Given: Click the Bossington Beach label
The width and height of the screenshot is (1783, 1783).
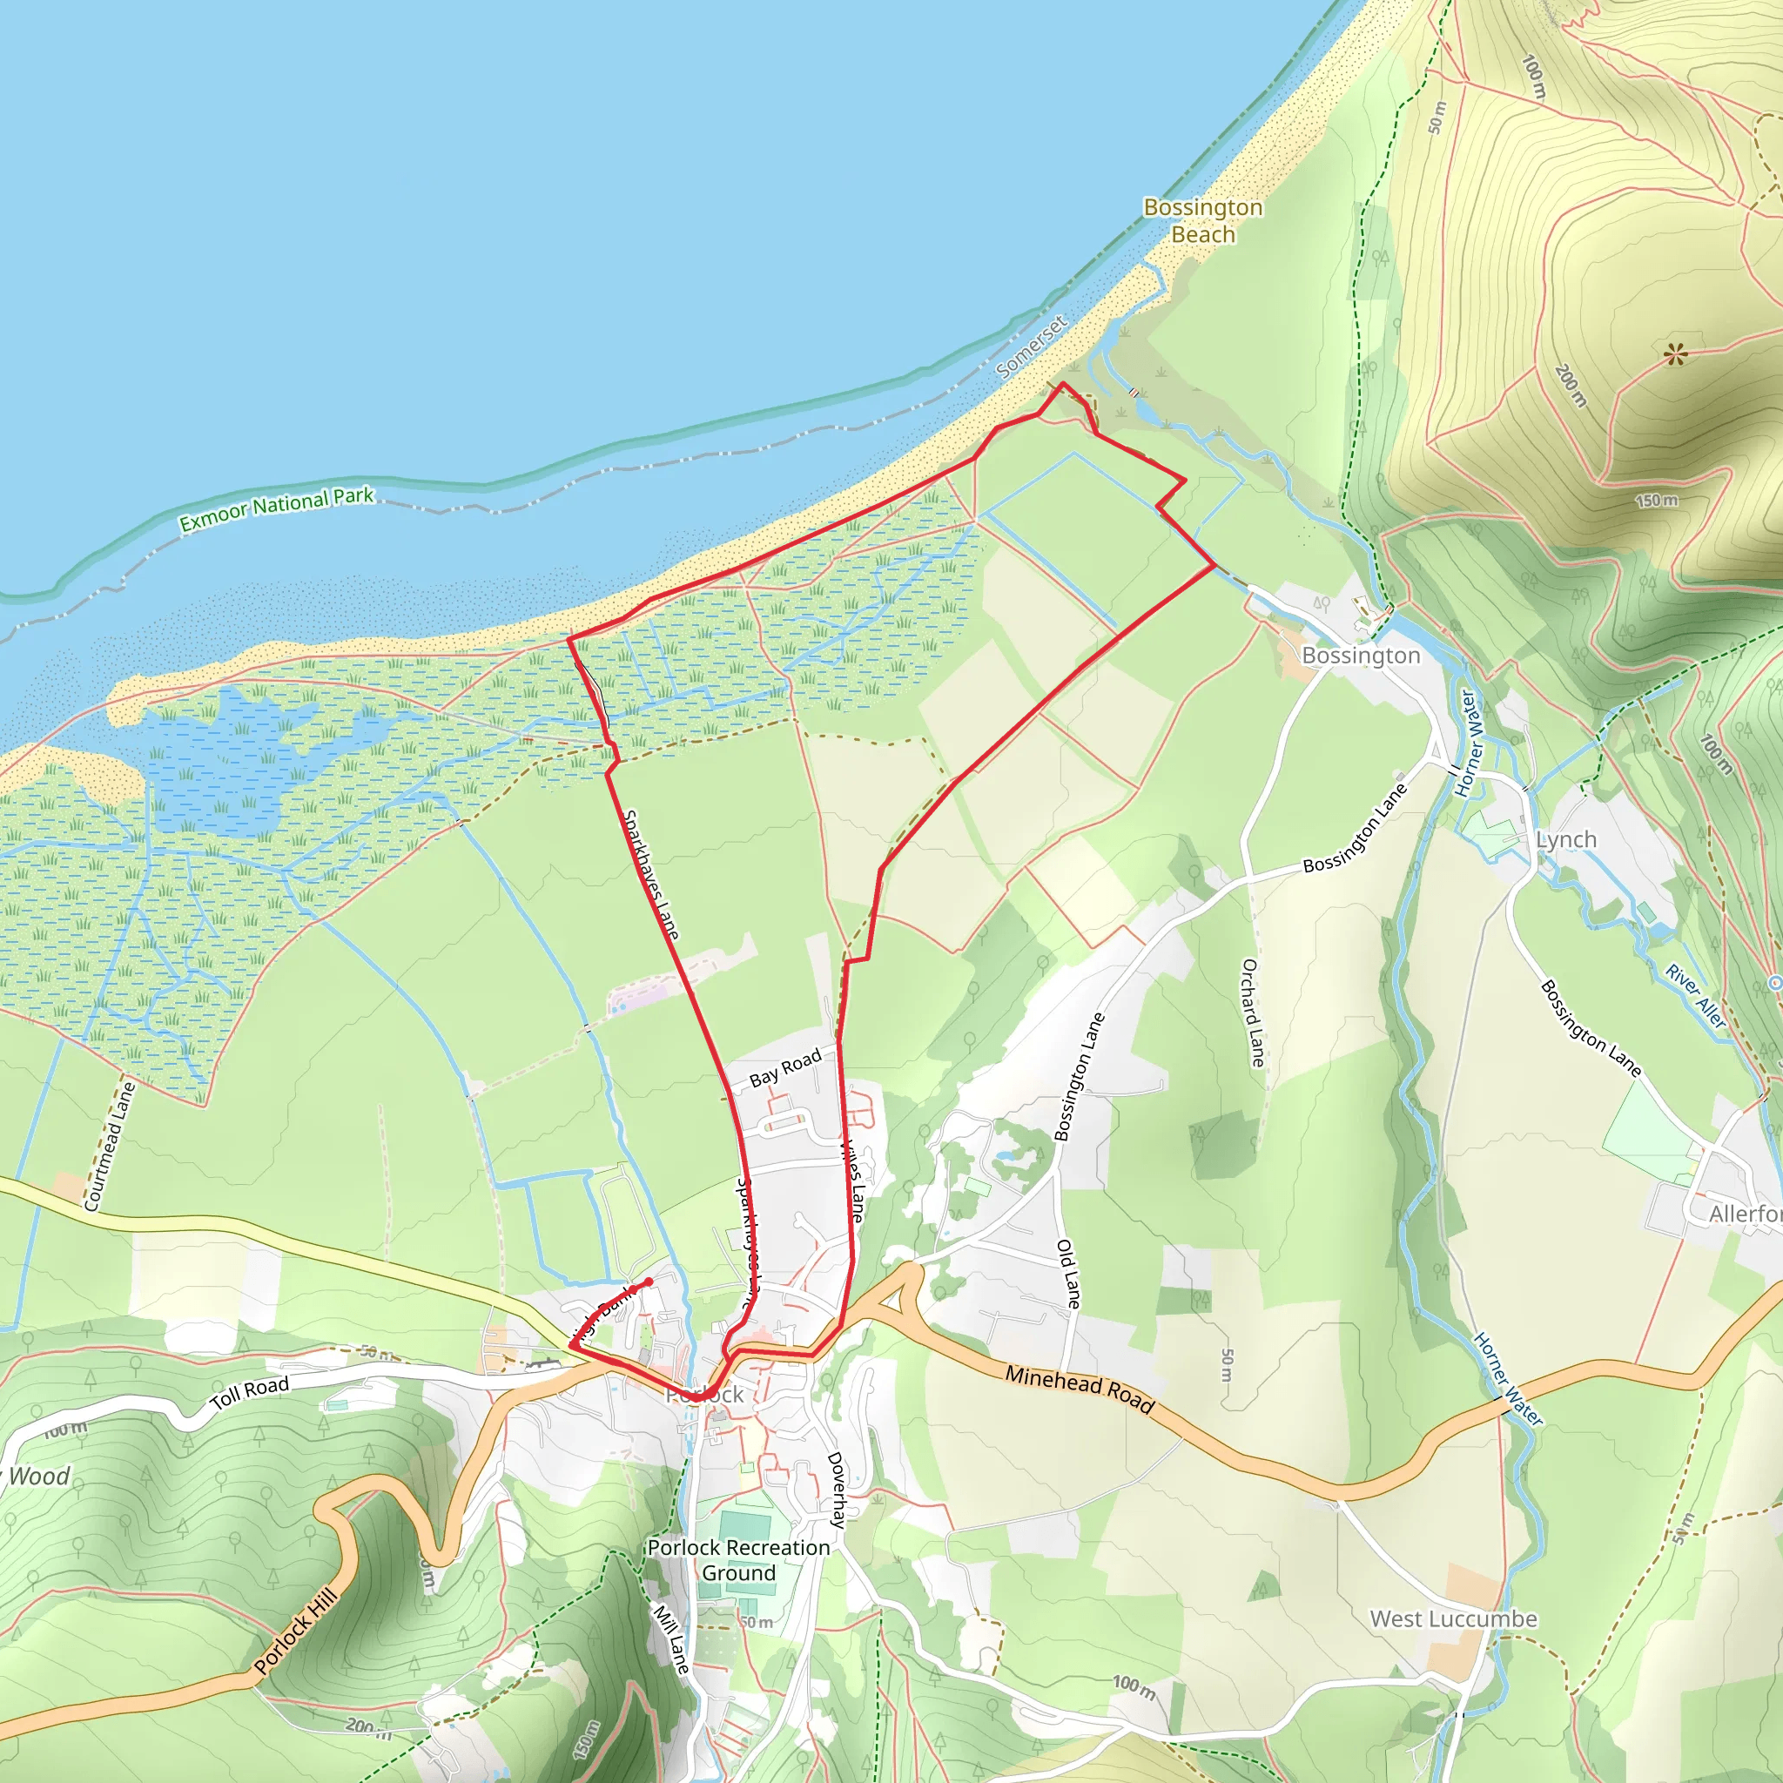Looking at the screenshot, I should (x=1202, y=220).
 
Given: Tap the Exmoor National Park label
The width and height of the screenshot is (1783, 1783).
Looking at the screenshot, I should (x=277, y=508).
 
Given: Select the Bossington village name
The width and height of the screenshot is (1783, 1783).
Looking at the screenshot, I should (x=1361, y=656).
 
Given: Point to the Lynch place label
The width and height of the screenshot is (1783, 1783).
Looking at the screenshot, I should (x=1566, y=840).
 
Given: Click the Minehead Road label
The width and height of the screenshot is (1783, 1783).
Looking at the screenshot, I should (x=1079, y=1389).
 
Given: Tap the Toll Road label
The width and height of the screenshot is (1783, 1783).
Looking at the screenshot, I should (x=249, y=1394).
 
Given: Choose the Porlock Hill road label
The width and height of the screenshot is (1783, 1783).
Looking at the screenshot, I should (x=296, y=1632).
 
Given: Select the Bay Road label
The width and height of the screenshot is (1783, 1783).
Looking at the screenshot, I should (x=784, y=1067).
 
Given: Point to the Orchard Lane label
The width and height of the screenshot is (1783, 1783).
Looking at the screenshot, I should (x=1252, y=1013).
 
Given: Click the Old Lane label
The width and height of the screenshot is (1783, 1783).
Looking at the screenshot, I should (x=1067, y=1274).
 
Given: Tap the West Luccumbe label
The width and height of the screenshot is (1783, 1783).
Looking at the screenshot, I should (x=1454, y=1618).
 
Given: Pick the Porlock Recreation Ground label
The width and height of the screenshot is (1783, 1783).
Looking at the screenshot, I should (x=738, y=1559).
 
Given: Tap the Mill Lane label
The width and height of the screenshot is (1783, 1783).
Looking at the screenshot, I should (x=671, y=1640).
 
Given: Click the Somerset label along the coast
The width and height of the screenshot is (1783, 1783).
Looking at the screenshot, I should (x=1032, y=347).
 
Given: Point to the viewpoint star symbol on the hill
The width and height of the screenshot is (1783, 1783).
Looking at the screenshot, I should (x=1676, y=353).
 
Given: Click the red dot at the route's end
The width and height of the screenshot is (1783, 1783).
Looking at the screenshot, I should (x=649, y=1282).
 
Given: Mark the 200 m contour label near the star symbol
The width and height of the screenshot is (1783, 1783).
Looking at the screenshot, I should (x=1571, y=386).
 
